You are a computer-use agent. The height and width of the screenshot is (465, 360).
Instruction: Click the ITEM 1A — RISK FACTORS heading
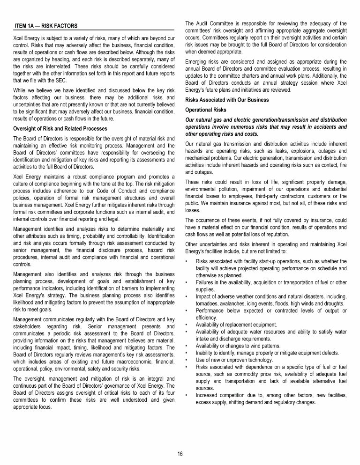[46, 25]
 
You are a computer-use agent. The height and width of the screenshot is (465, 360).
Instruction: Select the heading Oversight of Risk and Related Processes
[60, 128]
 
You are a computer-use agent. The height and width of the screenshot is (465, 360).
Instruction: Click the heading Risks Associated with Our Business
[227, 100]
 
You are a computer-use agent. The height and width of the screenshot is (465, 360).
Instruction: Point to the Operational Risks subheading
[206, 110]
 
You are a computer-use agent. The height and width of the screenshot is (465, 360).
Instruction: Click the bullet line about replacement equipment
[236, 325]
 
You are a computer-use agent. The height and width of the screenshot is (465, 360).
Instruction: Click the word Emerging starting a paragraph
[198, 61]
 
